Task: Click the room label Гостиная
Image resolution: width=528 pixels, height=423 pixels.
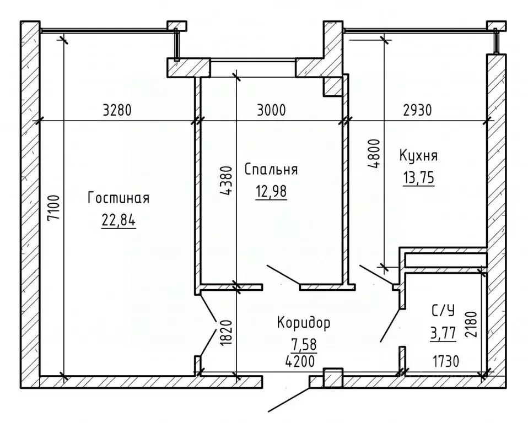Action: [x=118, y=198]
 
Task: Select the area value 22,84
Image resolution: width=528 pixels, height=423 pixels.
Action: [x=118, y=220]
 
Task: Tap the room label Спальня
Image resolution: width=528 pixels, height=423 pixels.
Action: [x=270, y=170]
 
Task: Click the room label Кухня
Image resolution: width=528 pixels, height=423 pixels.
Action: [x=419, y=156]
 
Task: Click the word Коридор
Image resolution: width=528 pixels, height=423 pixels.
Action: [x=304, y=322]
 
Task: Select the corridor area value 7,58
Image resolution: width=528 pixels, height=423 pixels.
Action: [x=304, y=344]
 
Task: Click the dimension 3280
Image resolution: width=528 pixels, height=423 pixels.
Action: [x=117, y=110]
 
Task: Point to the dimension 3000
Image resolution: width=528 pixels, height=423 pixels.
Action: [x=271, y=110]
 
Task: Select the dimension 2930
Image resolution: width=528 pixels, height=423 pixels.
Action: [x=417, y=110]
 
